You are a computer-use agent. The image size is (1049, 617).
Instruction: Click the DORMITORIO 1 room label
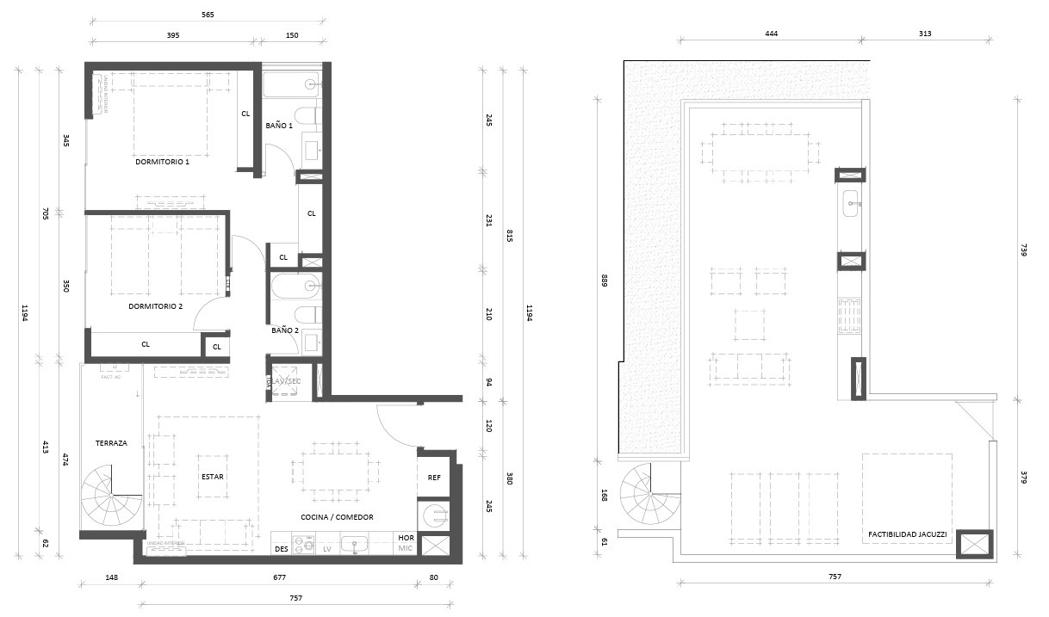coord(162,161)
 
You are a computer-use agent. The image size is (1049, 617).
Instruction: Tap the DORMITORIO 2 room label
coord(156,305)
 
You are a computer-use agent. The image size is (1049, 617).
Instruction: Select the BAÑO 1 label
coord(279,126)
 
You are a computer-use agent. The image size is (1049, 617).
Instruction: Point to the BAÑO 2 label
coord(285,330)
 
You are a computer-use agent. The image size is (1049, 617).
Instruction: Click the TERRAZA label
coord(111,443)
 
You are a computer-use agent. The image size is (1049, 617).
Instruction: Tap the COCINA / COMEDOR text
coord(337,517)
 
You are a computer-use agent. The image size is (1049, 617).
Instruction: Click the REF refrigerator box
coord(434,477)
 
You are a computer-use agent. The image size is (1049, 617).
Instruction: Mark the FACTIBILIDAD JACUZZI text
coord(907,534)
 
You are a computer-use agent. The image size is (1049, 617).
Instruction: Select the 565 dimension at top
coord(207,15)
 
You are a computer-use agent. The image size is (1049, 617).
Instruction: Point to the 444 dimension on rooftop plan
coord(771,34)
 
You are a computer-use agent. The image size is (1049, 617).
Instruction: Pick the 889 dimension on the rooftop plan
coord(605,280)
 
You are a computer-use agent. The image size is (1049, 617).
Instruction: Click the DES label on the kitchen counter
coord(280,548)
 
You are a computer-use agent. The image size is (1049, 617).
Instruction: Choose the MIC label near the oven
coord(407,548)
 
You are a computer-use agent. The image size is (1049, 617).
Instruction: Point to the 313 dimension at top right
coord(925,34)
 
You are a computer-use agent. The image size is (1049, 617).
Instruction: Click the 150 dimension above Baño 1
coord(291,35)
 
